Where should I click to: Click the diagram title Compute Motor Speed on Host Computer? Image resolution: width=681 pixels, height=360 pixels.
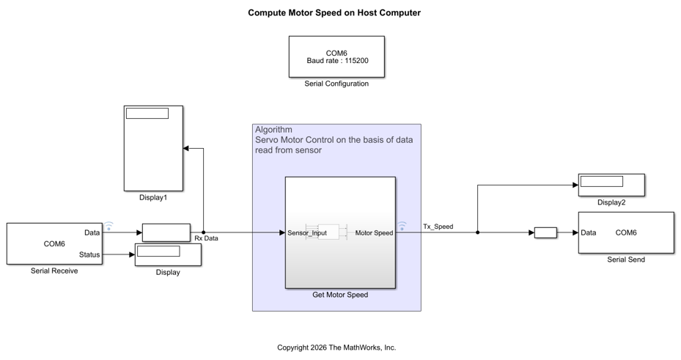coord(334,12)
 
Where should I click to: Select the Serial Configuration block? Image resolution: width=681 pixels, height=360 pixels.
coord(336,57)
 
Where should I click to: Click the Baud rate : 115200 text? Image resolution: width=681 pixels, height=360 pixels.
coord(337,61)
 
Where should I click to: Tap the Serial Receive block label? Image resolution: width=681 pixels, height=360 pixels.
coord(54,271)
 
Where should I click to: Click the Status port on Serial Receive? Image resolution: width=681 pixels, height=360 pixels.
coord(89,255)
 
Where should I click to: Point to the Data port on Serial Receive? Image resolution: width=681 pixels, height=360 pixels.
coord(92,233)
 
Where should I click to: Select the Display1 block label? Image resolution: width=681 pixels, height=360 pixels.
coord(153,197)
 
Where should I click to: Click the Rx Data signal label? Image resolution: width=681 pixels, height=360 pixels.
coord(206,238)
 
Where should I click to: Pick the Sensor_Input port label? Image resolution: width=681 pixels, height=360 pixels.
coord(307,233)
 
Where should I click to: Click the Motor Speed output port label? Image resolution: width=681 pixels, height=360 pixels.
coord(374,233)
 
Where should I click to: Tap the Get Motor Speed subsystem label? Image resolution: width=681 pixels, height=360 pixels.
coord(340,295)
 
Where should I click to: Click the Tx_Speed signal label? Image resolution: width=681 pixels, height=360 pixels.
coord(438,227)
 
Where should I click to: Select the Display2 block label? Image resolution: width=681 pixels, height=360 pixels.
coord(611,202)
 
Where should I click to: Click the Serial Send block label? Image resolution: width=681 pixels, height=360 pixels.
coord(626,260)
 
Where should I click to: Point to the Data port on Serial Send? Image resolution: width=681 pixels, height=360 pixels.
coord(589,233)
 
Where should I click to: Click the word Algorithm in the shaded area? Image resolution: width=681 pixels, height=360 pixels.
coord(273,130)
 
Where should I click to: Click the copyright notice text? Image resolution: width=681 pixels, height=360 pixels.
coord(336,348)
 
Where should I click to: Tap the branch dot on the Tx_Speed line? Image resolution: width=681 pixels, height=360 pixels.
coord(478,232)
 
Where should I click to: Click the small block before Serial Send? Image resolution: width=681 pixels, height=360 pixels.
coord(545,233)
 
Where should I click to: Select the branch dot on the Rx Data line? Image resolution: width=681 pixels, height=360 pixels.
coord(203,232)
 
